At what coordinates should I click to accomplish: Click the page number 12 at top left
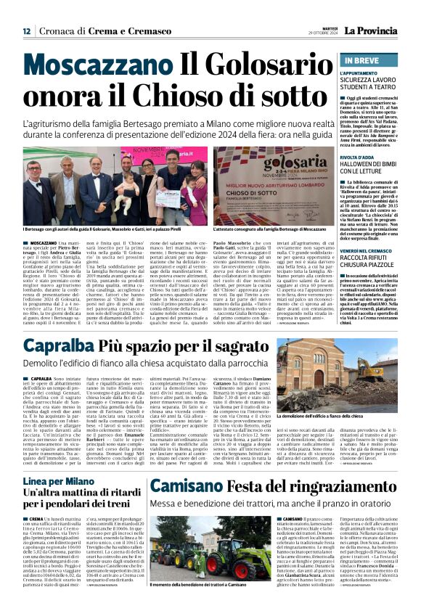coord(27,31)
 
